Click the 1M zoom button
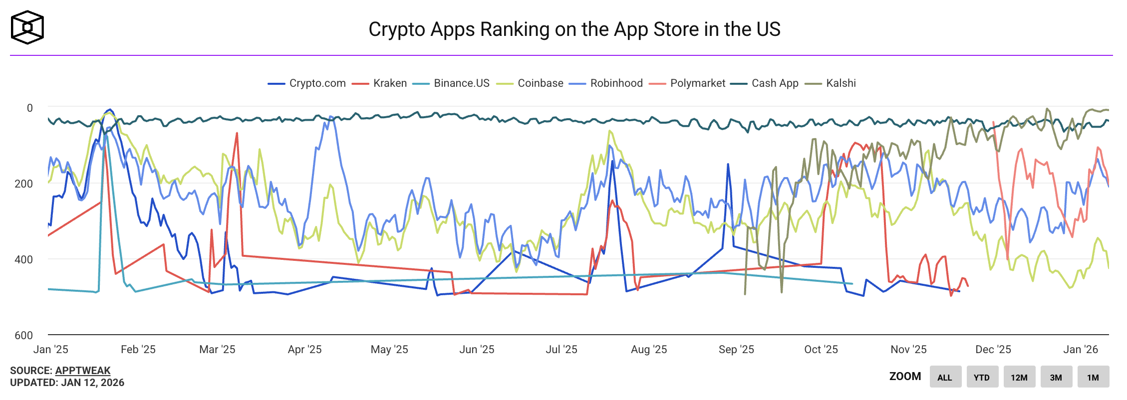1093,377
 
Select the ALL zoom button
944,377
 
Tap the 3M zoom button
1056,377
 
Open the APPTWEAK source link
83,371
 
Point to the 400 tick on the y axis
23,259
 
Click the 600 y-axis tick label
23,335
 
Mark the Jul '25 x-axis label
561,349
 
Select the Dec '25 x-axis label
993,349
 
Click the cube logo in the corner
27,27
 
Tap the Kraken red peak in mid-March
237,133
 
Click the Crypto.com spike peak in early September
728,164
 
